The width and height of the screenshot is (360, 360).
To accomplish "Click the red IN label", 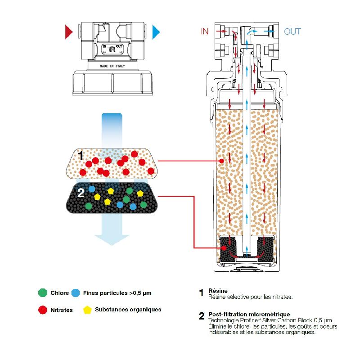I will (x=205, y=31).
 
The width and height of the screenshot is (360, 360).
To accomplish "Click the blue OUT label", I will (x=292, y=31).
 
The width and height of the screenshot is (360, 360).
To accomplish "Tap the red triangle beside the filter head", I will (x=68, y=31).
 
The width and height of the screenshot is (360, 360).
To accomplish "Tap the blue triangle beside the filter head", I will (x=156, y=31).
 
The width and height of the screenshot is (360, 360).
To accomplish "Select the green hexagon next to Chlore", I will (x=43, y=293).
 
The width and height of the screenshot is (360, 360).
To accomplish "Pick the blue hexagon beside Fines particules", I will (x=76, y=293).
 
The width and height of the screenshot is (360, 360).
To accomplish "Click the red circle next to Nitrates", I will (x=43, y=310).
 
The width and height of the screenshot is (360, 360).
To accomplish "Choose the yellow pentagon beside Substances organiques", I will (x=87, y=310).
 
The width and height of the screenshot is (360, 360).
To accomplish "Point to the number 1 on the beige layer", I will (x=81, y=156).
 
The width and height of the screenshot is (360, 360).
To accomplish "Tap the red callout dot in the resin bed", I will (x=221, y=161).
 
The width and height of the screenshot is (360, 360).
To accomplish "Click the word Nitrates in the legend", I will (x=61, y=310).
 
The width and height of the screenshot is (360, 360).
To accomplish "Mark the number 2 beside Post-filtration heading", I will (x=202, y=315).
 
